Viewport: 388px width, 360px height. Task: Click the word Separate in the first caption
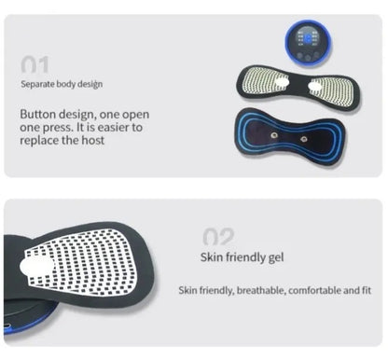(x=38, y=84)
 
